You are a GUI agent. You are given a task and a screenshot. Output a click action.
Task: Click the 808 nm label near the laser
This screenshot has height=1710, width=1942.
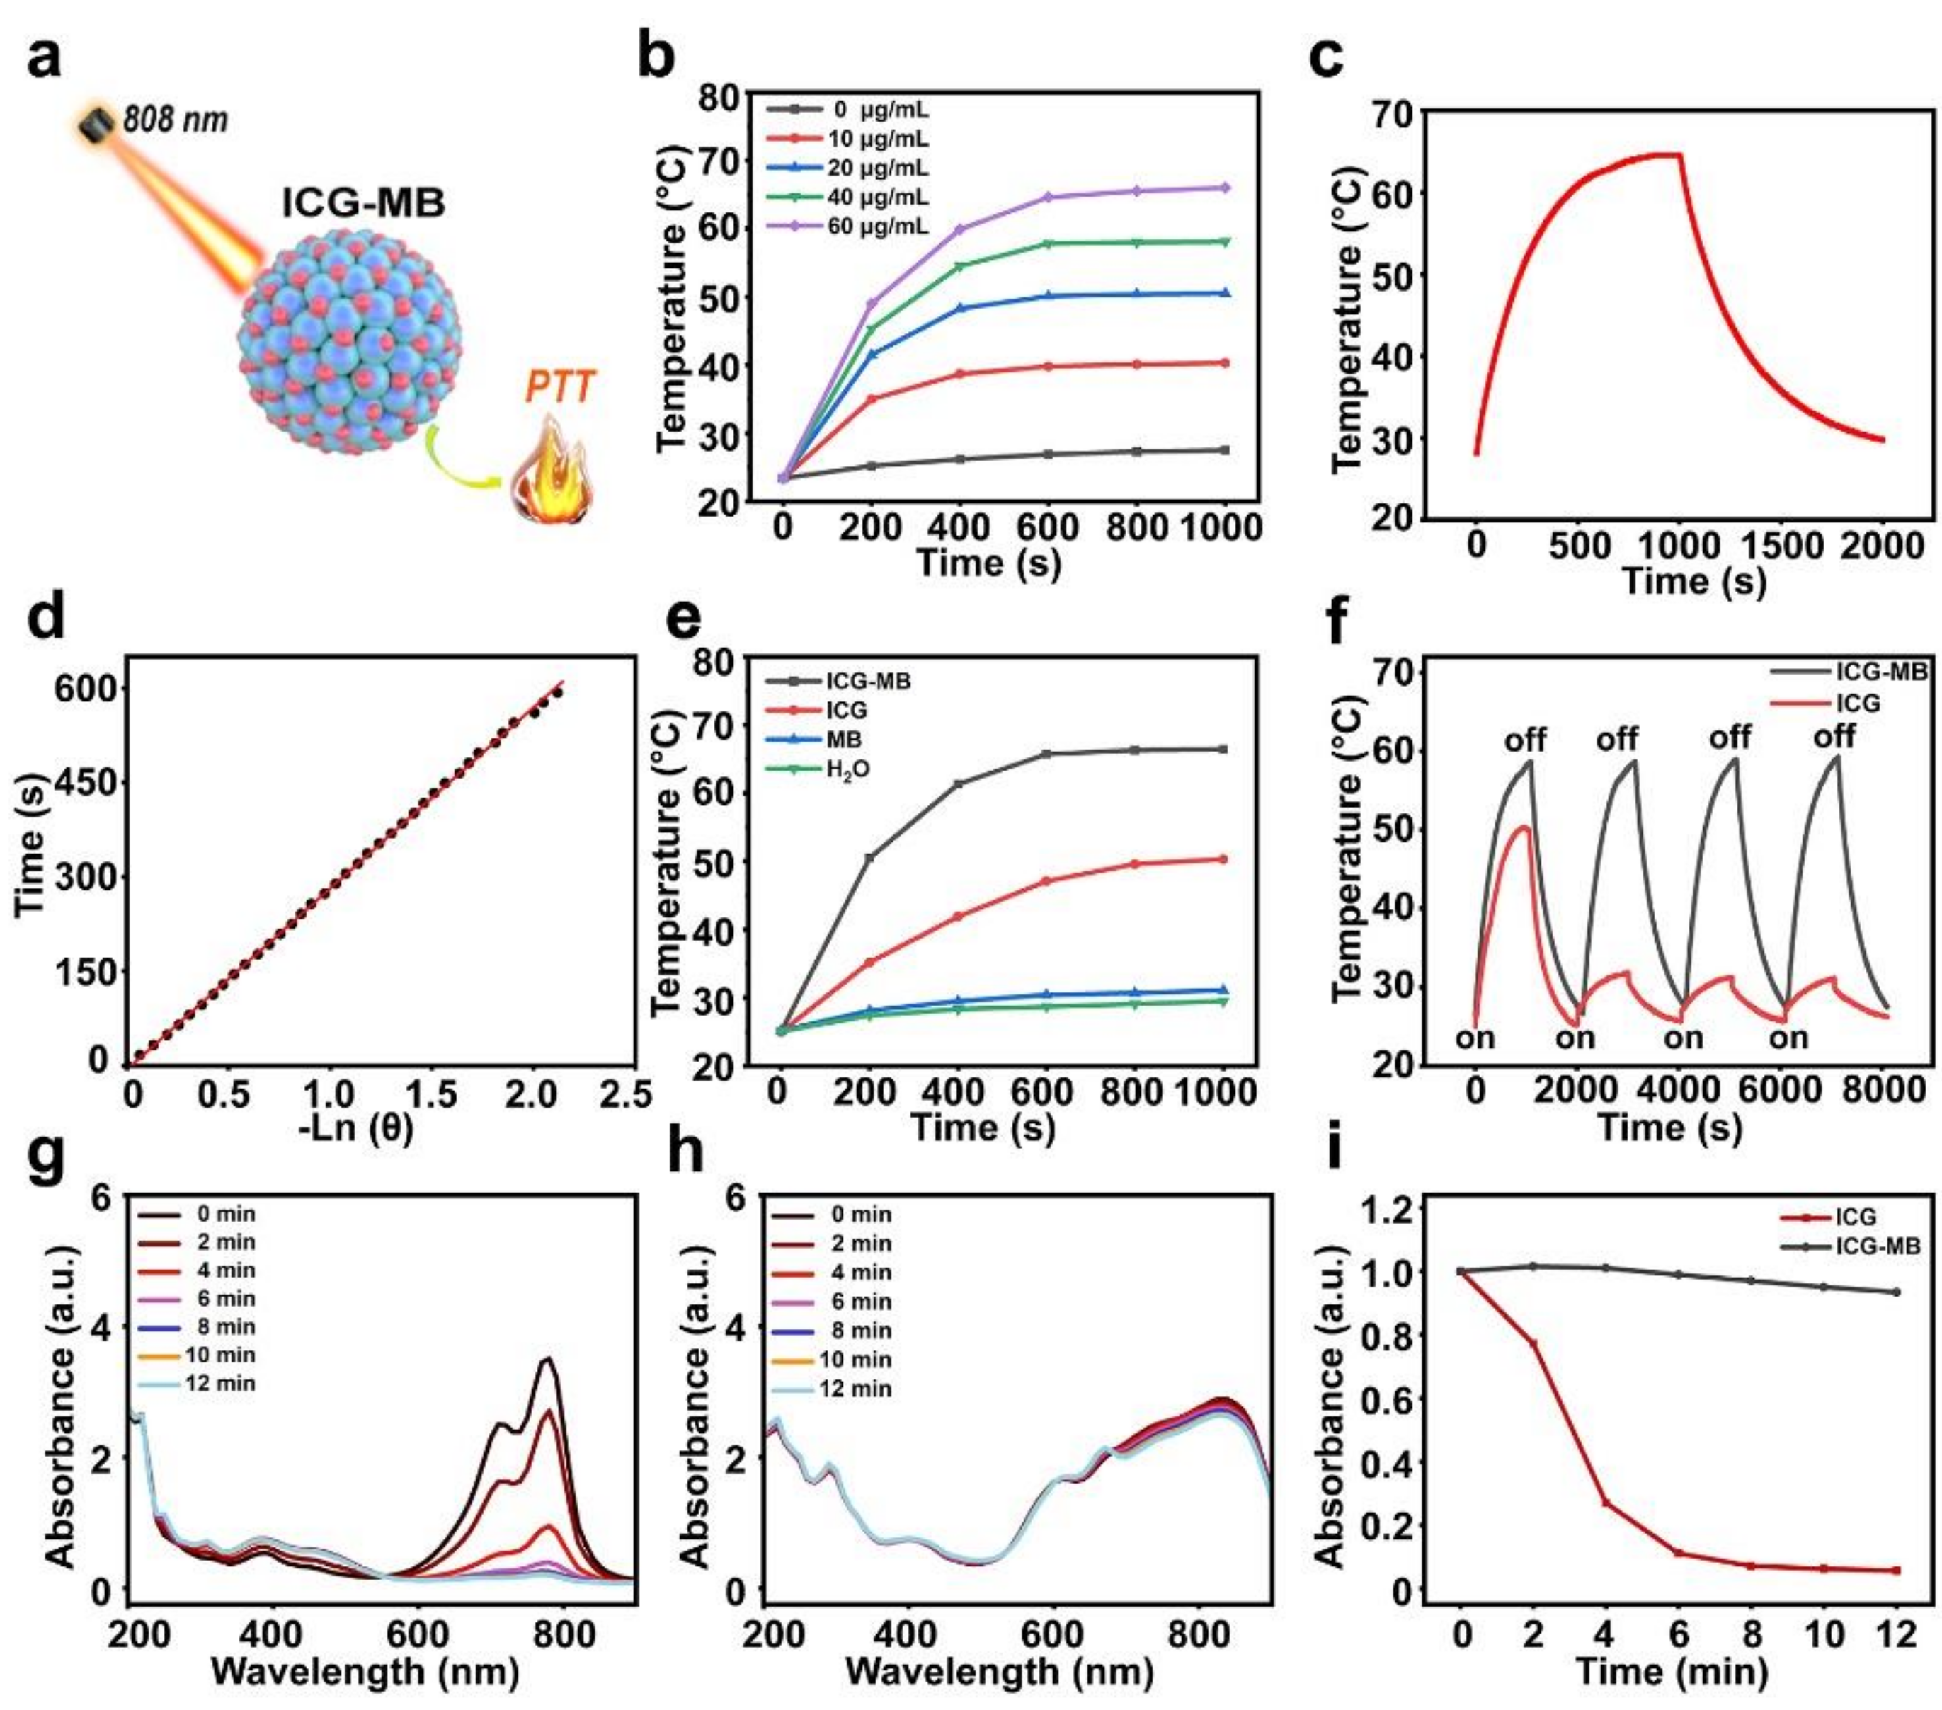175,120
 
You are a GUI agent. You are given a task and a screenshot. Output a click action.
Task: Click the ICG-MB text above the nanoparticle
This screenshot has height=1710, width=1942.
364,203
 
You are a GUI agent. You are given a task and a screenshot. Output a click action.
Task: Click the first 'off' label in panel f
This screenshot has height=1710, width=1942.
1525,739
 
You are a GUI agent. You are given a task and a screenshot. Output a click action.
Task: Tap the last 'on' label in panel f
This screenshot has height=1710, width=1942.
1788,1038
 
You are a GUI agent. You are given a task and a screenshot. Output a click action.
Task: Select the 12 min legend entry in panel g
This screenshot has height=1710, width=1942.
220,1383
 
